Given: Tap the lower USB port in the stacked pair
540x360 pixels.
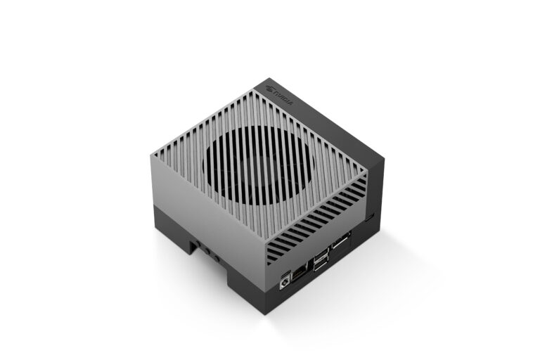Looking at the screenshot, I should pos(320,265).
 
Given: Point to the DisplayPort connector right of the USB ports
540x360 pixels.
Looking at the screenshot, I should pos(340,246).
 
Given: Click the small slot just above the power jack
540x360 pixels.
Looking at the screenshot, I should pos(284,271).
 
